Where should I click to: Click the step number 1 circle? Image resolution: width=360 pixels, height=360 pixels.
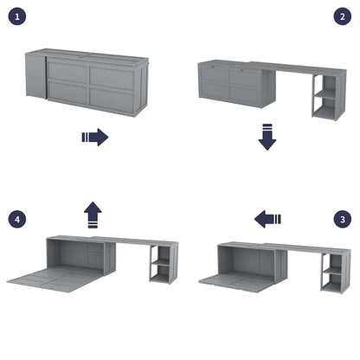pyautogui.click(x=21, y=17)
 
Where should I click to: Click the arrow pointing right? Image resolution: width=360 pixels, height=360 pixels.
pyautogui.click(x=94, y=137)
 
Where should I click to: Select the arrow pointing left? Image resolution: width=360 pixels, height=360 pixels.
pyautogui.click(x=267, y=220)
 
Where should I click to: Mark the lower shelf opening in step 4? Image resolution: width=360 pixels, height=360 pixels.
pyautogui.click(x=160, y=273)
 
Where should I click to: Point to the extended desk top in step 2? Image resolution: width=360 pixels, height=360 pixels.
pyautogui.click(x=294, y=69)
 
